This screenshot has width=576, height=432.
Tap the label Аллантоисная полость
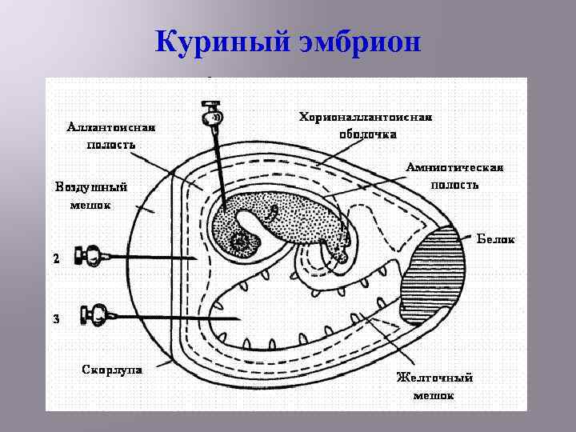tap(111, 135)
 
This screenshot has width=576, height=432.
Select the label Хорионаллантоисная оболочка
tap(366, 126)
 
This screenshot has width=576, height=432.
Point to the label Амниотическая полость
tap(454, 175)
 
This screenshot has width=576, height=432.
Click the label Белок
tap(496, 239)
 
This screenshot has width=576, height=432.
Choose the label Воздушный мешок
tap(90, 195)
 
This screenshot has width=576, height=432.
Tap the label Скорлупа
tap(112, 369)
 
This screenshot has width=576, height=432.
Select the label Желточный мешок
tap(435, 386)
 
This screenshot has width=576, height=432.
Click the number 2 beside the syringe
tap(56, 259)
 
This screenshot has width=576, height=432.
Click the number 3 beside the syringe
tap(56, 320)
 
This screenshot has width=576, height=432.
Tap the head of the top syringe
tap(211, 114)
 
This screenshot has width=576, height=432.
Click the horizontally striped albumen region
tap(438, 264)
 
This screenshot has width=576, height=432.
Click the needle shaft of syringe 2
tap(160, 257)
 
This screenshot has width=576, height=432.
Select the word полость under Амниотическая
tap(454, 185)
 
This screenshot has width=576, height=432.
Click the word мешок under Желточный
tap(434, 395)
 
